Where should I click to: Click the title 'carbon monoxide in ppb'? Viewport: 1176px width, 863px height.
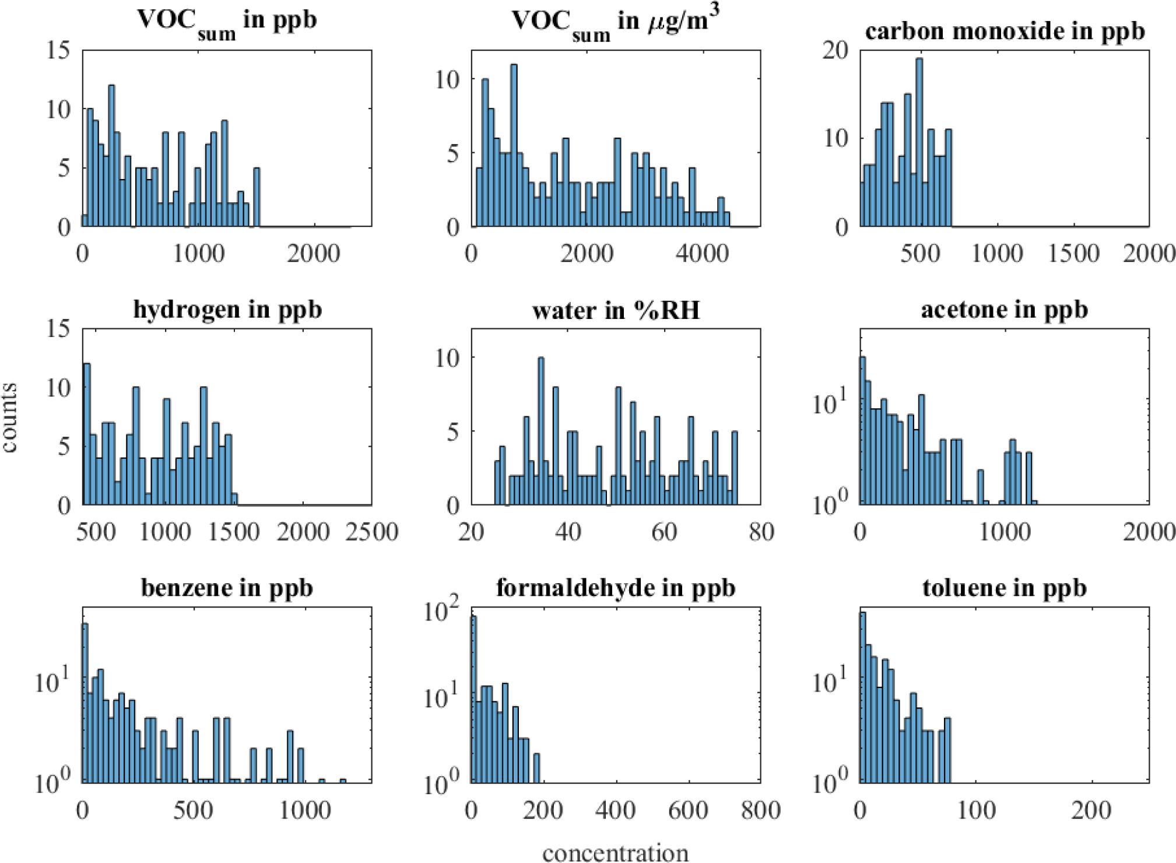point(1005,31)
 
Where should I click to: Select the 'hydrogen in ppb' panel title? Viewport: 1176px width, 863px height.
point(227,309)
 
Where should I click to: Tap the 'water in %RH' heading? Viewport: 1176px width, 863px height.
point(616,310)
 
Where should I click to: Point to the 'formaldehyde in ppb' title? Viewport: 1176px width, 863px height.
point(616,588)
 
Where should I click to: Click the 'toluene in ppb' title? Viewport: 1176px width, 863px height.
point(1005,588)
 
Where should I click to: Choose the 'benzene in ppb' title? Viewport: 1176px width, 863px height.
point(227,588)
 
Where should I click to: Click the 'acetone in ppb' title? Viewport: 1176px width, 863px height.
point(1005,309)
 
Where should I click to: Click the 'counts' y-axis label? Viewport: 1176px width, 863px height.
point(9,417)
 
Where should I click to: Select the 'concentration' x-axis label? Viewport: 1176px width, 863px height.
point(616,853)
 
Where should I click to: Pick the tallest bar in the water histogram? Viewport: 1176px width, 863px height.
point(541,431)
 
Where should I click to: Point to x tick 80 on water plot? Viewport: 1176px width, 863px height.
point(761,532)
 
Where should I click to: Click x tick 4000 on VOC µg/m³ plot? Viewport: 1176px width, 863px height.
point(703,254)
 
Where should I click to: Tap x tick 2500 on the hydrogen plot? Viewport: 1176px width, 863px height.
point(371,532)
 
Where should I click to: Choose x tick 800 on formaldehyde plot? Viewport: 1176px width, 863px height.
point(761,811)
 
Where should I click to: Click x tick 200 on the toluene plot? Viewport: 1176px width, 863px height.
point(1091,811)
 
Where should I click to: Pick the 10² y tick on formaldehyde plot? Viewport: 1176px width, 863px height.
point(441,611)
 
